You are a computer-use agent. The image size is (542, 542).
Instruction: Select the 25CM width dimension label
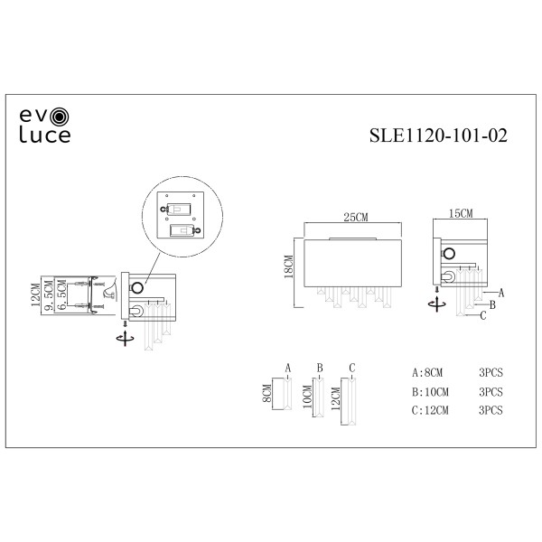354,217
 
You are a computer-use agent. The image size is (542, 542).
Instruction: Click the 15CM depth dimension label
460,214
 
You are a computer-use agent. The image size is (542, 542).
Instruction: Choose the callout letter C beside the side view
483,315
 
